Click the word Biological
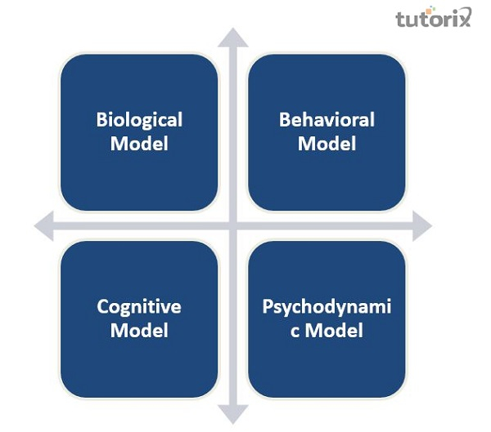point(139,120)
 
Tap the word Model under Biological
point(139,144)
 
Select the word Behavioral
point(327,120)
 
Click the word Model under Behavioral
point(327,144)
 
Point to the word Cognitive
point(139,307)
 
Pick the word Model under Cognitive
point(139,331)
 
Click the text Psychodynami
point(327,307)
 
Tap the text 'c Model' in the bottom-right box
point(327,331)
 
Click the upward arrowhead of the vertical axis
point(233,38)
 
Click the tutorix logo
point(433,19)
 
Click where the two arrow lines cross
point(233,226)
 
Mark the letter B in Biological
point(101,120)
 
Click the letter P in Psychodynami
point(268,307)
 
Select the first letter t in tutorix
point(399,19)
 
